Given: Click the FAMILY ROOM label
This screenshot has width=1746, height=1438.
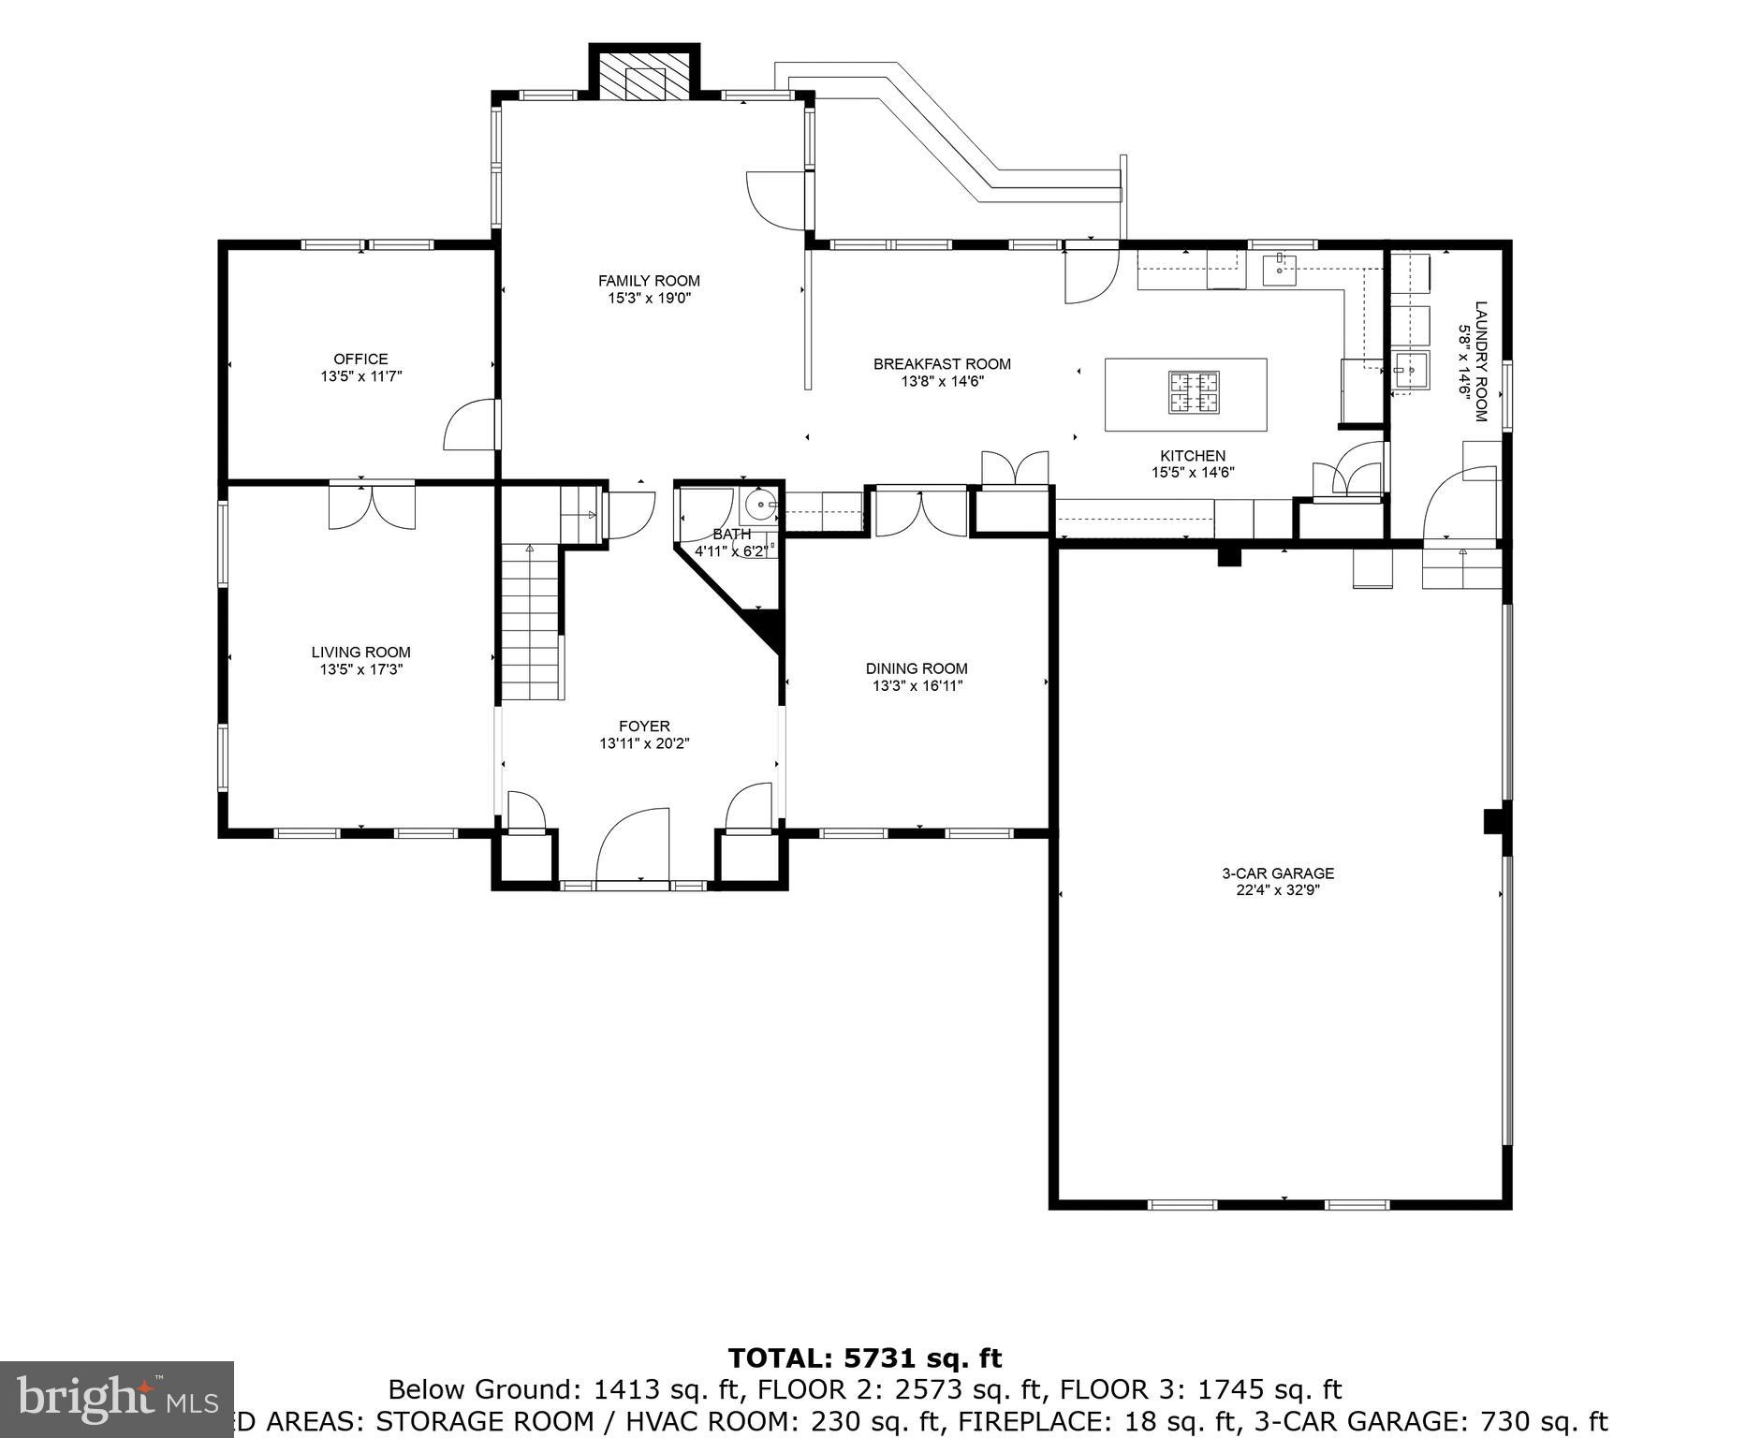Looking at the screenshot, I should (x=649, y=281).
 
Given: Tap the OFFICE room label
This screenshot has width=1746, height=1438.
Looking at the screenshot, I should (x=360, y=359).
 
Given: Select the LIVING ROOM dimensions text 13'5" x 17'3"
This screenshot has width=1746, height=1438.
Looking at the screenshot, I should (x=360, y=669).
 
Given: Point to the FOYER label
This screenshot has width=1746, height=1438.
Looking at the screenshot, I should (x=644, y=726).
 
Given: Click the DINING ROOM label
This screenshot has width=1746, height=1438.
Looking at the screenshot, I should (x=916, y=668).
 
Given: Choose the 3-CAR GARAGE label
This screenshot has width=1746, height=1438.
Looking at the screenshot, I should (x=1277, y=873).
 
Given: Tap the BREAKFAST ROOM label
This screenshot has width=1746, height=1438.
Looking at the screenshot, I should (x=942, y=364).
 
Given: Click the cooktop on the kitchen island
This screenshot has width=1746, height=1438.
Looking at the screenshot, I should (x=1193, y=392).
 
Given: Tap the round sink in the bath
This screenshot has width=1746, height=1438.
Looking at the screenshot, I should (x=758, y=506).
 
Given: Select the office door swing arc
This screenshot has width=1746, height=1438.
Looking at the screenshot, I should (x=469, y=426).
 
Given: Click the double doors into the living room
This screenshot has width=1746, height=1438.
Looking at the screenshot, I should (x=372, y=507).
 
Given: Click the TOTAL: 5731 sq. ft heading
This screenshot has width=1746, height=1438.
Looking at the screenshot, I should (x=864, y=1357).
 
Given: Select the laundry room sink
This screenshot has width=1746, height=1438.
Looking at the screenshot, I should (x=1409, y=371).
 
